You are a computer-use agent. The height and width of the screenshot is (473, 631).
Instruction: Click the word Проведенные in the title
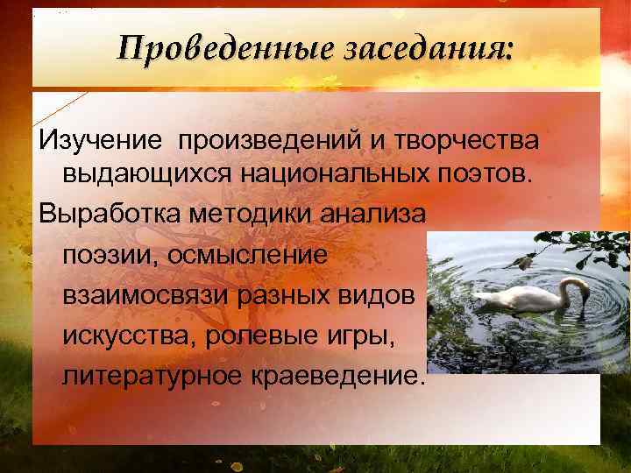(x=224, y=46)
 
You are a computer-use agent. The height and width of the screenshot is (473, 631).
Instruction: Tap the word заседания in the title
(x=429, y=46)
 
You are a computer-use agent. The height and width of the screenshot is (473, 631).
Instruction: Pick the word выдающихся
(x=145, y=172)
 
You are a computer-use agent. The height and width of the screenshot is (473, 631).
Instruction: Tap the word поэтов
(x=483, y=172)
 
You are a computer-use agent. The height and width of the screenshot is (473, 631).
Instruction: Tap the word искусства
(x=127, y=336)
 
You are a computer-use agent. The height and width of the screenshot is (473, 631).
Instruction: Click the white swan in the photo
(x=526, y=298)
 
